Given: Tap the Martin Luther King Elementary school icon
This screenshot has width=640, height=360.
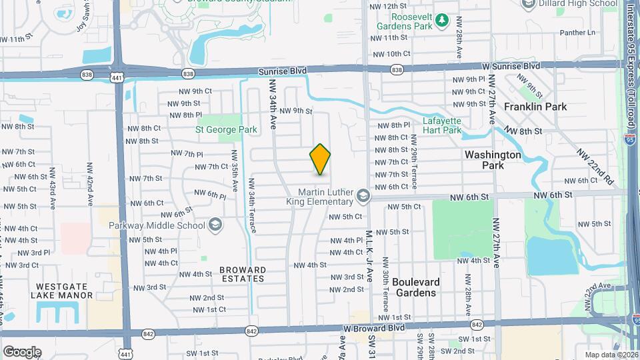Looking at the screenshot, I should pyautogui.click(x=363, y=195).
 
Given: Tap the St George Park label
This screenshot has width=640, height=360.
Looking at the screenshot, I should pyautogui.click(x=226, y=129).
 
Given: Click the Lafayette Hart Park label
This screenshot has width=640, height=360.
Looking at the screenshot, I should pyautogui.click(x=442, y=125).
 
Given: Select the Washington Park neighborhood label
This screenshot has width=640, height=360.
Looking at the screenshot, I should pyautogui.click(x=493, y=159).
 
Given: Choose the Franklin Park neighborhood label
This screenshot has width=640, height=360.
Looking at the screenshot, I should pyautogui.click(x=535, y=107).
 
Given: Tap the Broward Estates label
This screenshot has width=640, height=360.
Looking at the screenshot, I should pyautogui.click(x=243, y=275).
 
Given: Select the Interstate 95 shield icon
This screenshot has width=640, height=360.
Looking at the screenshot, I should pyautogui.click(x=630, y=139).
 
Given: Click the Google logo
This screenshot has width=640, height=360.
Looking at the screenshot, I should pyautogui.click(x=22, y=351).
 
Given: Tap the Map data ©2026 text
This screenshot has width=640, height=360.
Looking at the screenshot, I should pyautogui.click(x=611, y=355).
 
